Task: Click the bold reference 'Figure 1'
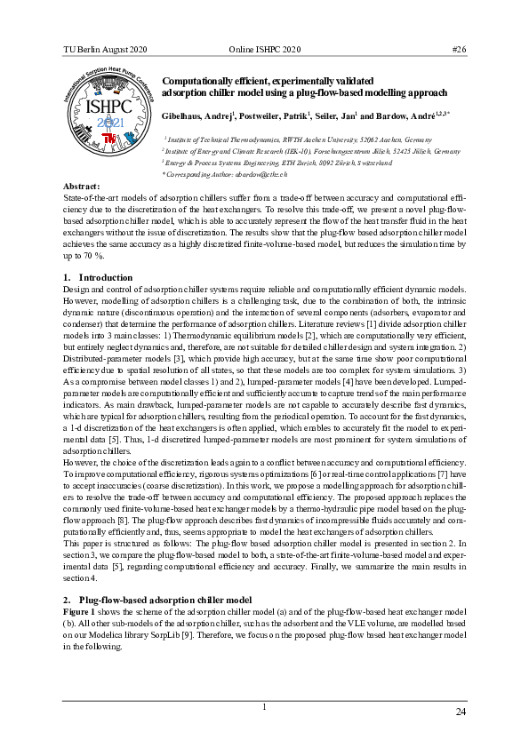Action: coord(80,612)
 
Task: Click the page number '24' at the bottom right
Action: coord(460,712)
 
